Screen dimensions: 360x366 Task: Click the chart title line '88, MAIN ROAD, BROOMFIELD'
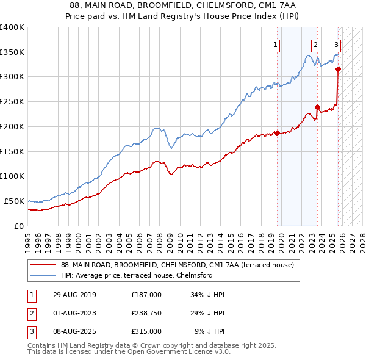183,5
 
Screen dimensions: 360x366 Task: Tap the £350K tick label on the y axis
12,52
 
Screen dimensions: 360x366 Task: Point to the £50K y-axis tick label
14,201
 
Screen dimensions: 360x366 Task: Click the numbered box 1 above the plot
276,44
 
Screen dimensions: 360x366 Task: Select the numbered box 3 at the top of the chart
336,44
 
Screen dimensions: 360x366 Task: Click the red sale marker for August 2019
277,133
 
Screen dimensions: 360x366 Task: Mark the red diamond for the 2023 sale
317,107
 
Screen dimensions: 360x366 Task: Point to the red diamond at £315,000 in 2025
338,69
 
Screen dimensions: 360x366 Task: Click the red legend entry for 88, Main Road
177,265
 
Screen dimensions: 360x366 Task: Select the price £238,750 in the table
146,313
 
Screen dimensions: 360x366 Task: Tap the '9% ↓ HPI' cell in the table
209,331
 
